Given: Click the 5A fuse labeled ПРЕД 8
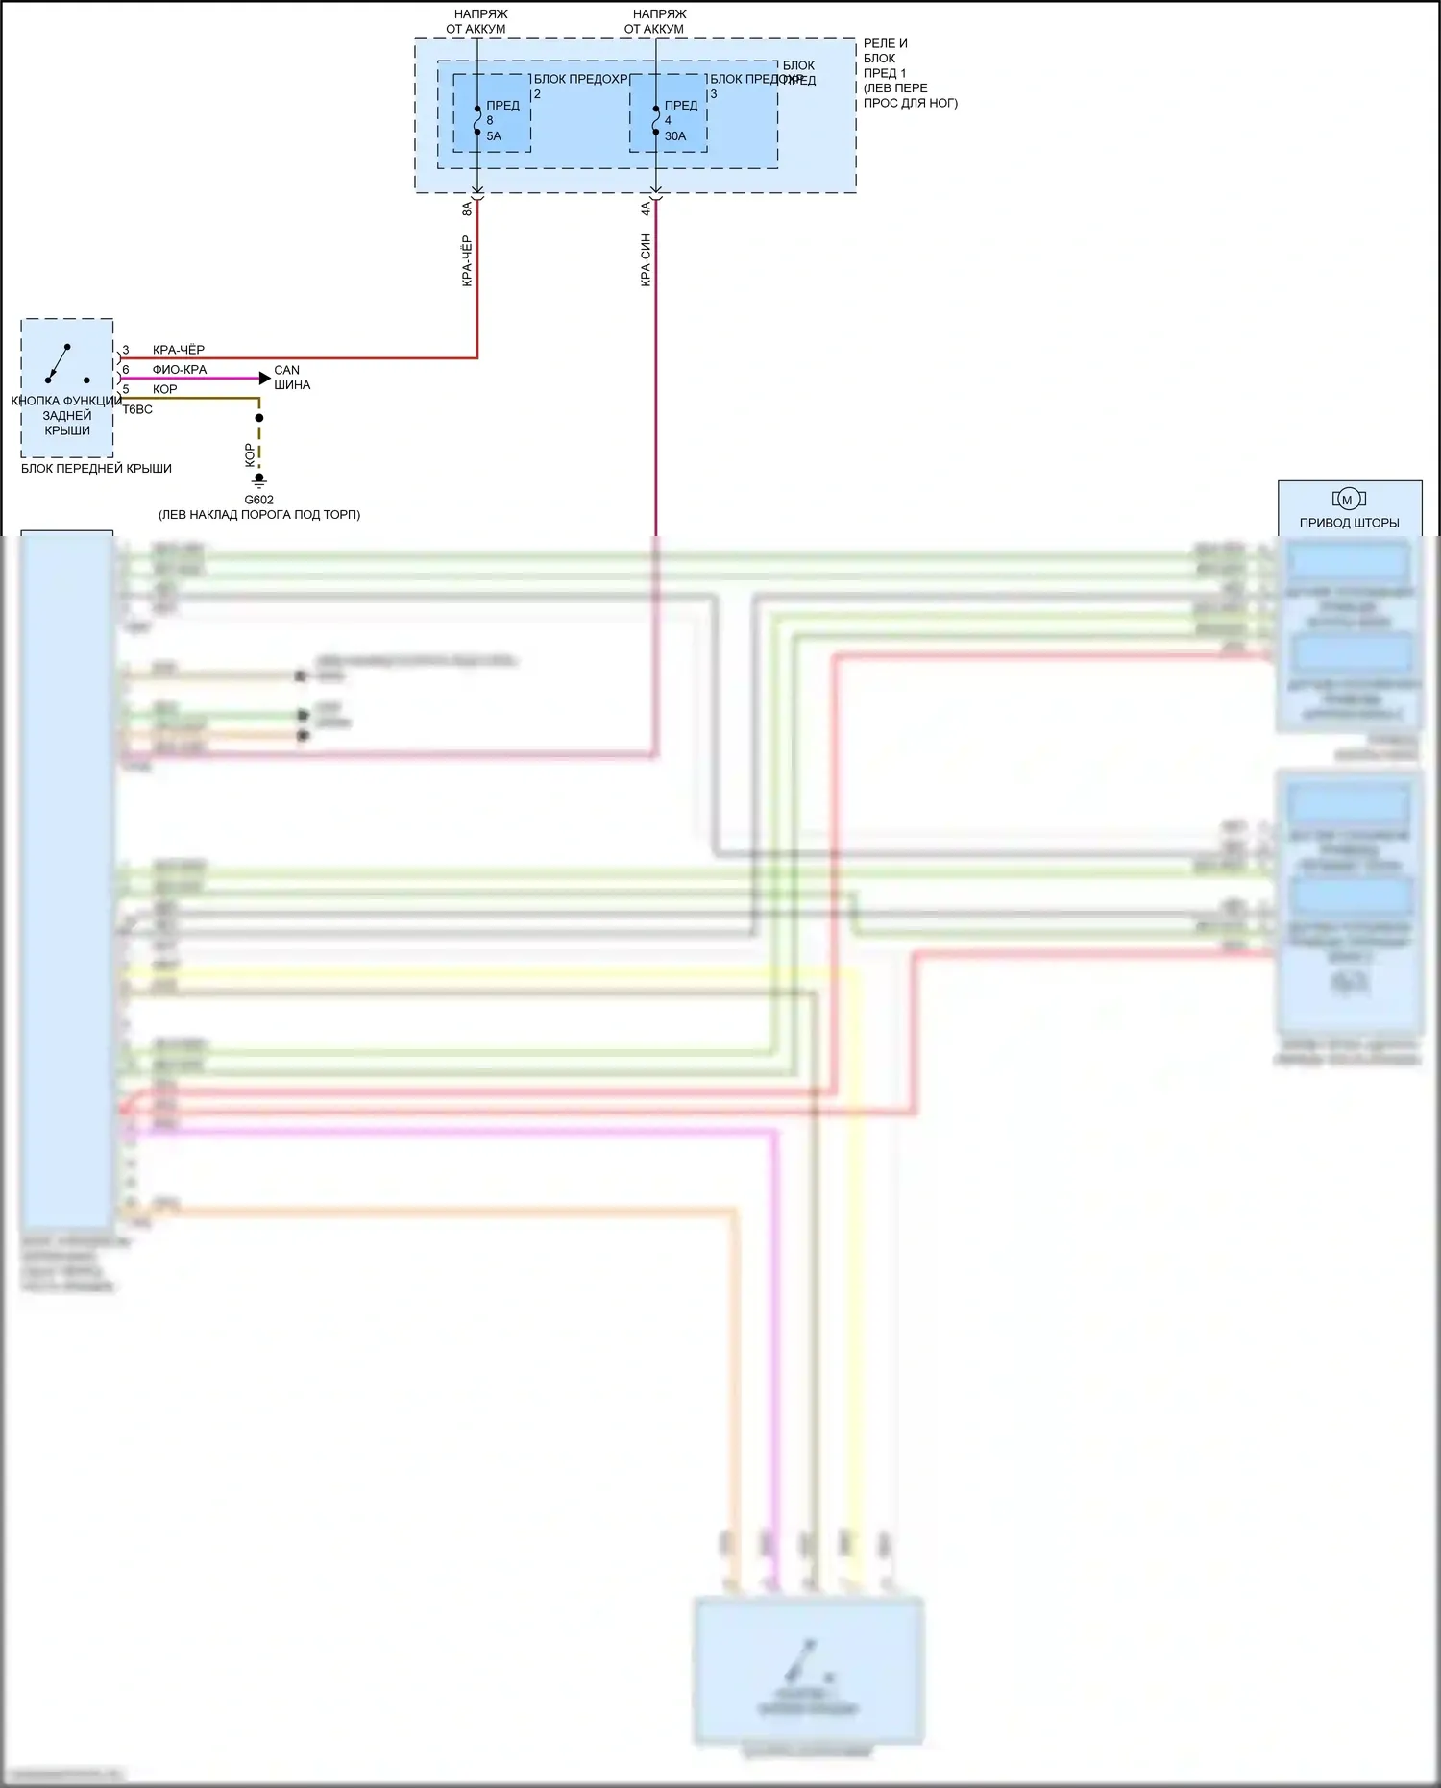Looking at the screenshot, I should coord(477,120).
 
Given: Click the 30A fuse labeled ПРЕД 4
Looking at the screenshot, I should coord(656,120).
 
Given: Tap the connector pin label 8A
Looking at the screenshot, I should coord(467,208).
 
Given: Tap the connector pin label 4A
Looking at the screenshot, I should coord(646,208).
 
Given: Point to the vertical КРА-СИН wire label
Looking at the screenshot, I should coord(646,259).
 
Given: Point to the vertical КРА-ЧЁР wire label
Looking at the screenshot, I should coord(467,260).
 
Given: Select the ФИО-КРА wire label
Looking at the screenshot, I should coord(179,369).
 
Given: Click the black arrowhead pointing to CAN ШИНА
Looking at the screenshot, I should coord(265,379).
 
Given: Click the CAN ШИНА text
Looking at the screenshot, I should coord(291,377).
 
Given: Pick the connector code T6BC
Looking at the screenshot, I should coord(137,409).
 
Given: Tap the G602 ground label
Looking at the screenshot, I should coord(258,500).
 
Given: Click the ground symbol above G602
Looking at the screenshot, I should coord(258,481).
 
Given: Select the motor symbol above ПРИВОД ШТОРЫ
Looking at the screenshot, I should coord(1348,499).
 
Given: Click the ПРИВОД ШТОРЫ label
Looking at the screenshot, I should coord(1349,523).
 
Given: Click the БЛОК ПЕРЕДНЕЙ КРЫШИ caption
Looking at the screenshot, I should coord(96,469).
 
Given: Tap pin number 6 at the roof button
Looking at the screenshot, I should coord(126,369).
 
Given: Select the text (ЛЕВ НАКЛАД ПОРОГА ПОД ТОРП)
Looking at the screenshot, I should coord(259,514).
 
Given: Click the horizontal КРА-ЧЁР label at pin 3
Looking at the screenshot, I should coord(178,350).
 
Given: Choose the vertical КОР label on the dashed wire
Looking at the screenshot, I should coord(250,454).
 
